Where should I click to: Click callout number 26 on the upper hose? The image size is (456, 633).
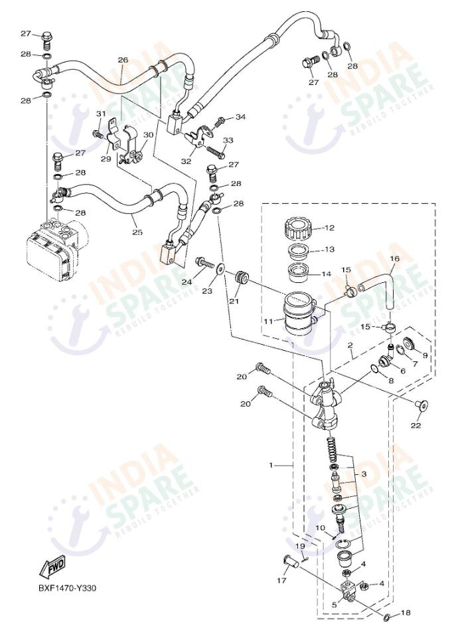tap(123, 60)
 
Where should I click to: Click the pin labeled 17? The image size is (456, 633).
tap(290, 562)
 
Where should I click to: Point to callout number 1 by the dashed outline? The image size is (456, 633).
tap(271, 466)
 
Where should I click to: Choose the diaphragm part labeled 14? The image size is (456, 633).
tap(299, 271)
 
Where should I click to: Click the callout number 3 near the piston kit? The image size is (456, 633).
tap(364, 474)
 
